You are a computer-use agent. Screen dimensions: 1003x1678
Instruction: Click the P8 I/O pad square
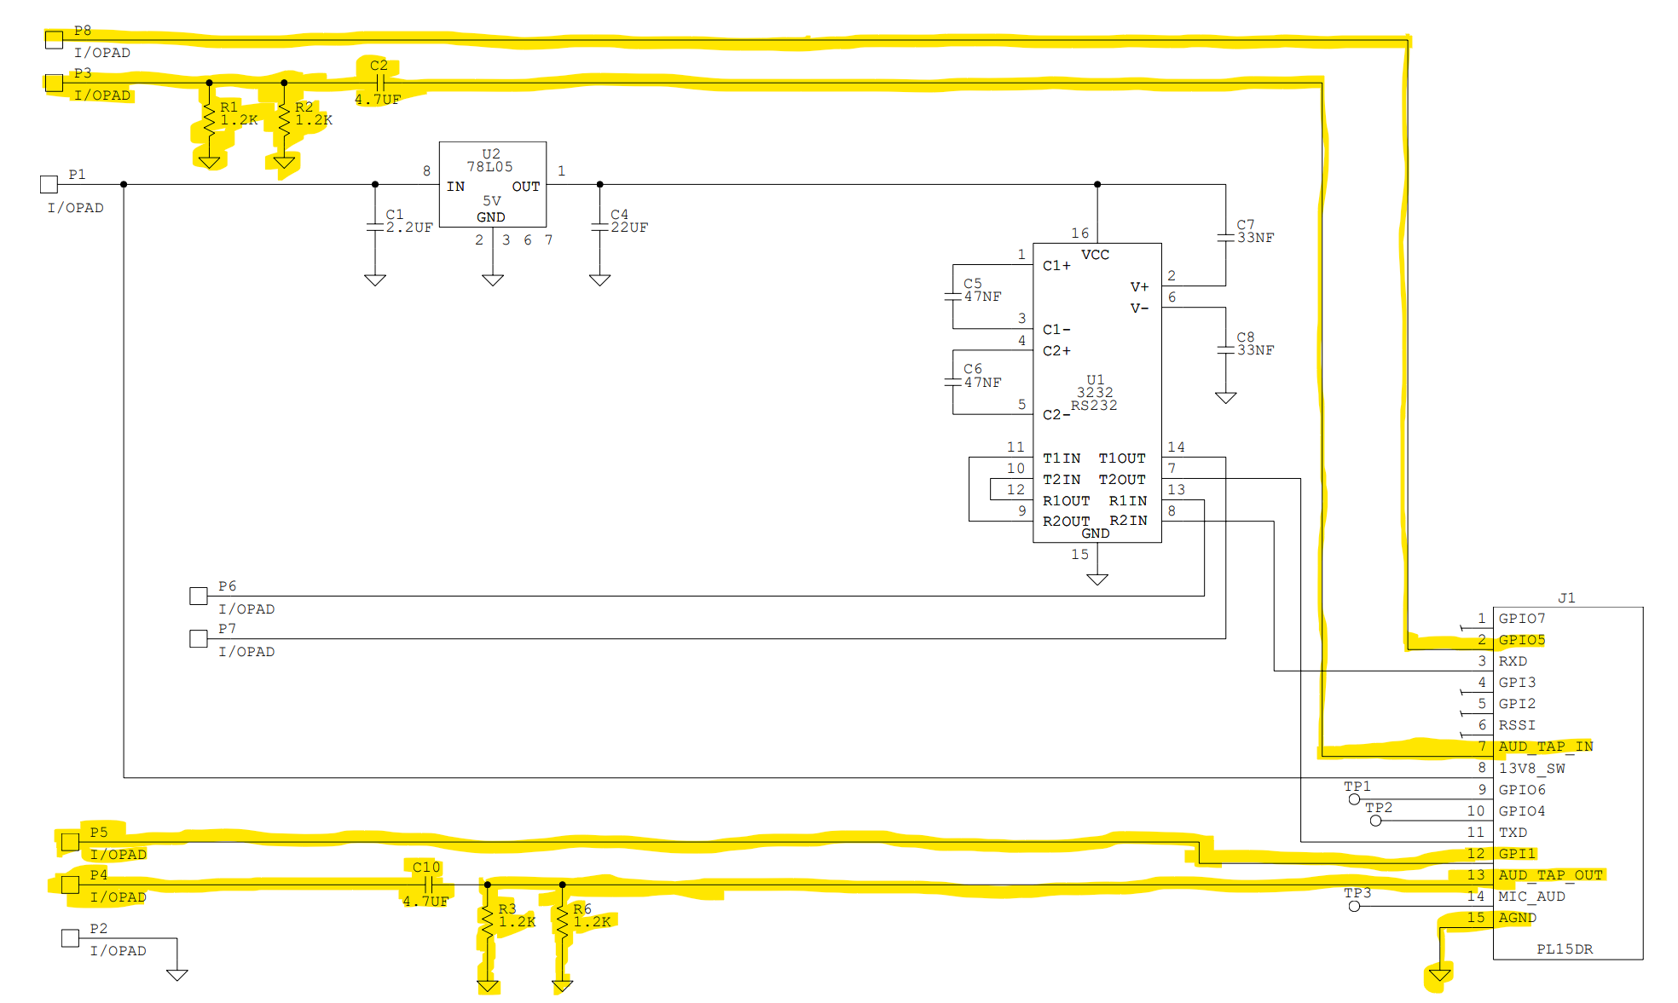(54, 39)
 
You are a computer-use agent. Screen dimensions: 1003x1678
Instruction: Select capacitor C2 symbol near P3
(380, 83)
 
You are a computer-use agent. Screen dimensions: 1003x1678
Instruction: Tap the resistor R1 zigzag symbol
(209, 121)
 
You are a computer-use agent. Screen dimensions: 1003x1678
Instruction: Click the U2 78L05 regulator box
(492, 183)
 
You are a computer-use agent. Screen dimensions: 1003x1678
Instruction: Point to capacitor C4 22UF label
(628, 222)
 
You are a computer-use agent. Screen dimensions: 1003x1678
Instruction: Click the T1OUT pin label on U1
(1121, 458)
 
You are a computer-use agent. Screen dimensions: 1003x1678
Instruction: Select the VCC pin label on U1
(1095, 255)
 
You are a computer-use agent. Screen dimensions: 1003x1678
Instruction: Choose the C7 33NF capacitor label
(1254, 232)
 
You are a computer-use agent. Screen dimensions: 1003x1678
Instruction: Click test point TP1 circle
(1354, 799)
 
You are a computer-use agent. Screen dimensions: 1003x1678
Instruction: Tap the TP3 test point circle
(1354, 906)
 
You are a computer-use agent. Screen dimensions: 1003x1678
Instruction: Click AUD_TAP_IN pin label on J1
(1545, 746)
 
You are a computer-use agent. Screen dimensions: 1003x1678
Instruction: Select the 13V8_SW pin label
(1531, 768)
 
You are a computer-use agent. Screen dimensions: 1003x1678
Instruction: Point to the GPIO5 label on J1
(1521, 640)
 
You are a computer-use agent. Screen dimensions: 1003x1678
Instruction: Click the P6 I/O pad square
(199, 596)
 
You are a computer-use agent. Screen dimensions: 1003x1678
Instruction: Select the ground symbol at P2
(176, 974)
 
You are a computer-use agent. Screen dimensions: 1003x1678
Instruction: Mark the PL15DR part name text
(1564, 948)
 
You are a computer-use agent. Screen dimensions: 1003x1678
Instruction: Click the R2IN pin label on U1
(1127, 521)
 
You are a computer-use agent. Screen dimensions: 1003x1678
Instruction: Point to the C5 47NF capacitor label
(981, 291)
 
